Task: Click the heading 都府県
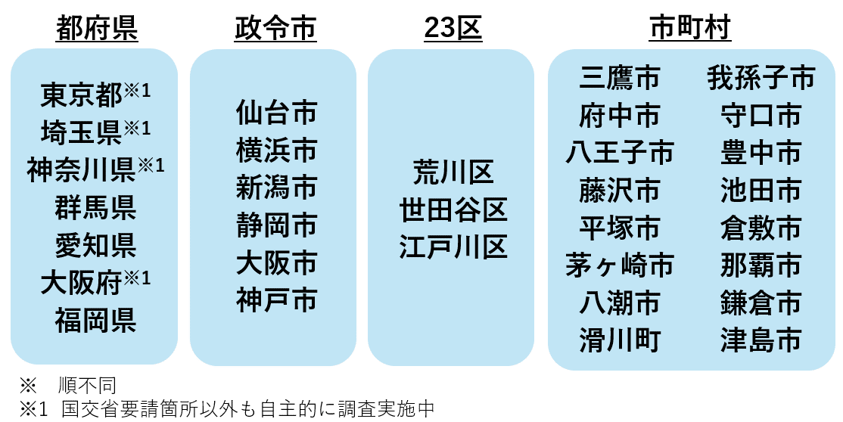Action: coord(97,29)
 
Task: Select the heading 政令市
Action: coord(275,29)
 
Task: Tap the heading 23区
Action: coord(453,29)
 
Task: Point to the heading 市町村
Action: coord(689,29)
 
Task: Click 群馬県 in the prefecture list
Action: coord(95,207)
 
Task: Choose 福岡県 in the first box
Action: coord(95,320)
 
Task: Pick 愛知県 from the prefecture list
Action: coord(95,245)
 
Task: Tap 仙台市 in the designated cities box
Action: coord(276,113)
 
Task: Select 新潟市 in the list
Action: coord(276,188)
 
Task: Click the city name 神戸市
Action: coord(276,299)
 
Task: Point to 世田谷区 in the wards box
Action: coord(453,209)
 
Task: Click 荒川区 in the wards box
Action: coord(453,172)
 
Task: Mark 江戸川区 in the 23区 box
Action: coord(453,247)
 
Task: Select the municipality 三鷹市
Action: coord(620,78)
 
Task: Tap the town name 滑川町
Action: coord(620,340)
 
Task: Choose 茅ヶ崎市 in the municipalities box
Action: coord(620,265)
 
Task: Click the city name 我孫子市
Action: coord(761,78)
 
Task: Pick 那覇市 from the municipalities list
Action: coord(761,265)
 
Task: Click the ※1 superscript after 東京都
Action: coord(138,90)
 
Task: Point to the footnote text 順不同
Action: coord(87,386)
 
